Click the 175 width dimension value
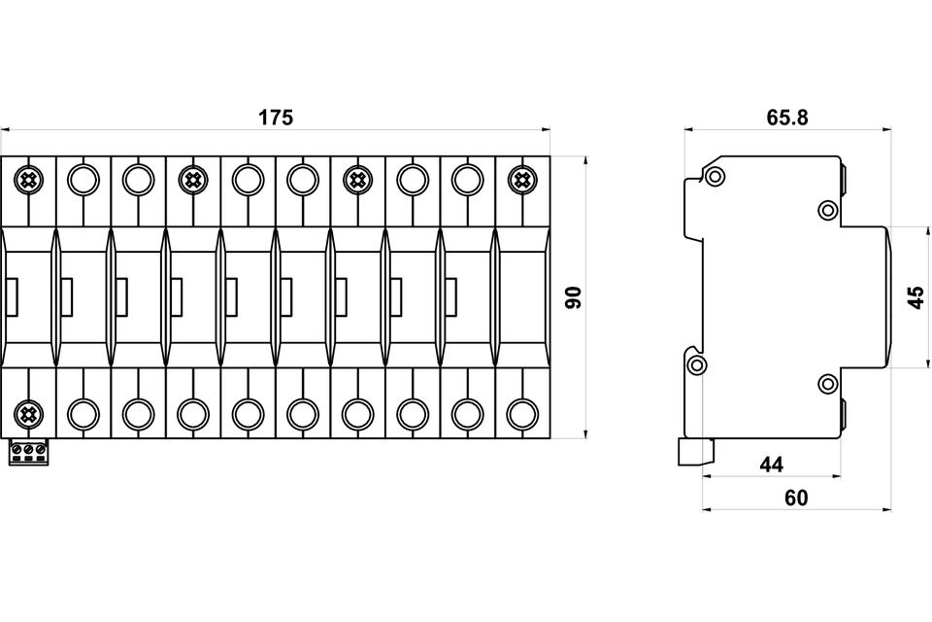[x=276, y=118]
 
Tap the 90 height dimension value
[x=573, y=297]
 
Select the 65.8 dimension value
[x=787, y=118]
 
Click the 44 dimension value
[x=771, y=465]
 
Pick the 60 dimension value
[x=795, y=498]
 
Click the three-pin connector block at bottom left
[x=28, y=452]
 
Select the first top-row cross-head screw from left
[x=28, y=179]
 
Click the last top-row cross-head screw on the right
[x=522, y=179]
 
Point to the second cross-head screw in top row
[x=193, y=179]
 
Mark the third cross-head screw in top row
[x=358, y=179]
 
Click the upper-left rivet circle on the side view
[x=716, y=176]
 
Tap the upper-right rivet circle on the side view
[x=827, y=210]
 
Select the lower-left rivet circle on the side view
[x=696, y=365]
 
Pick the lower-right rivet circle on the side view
[x=827, y=384]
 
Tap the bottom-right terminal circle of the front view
[x=522, y=415]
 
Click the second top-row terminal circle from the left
[x=83, y=179]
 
